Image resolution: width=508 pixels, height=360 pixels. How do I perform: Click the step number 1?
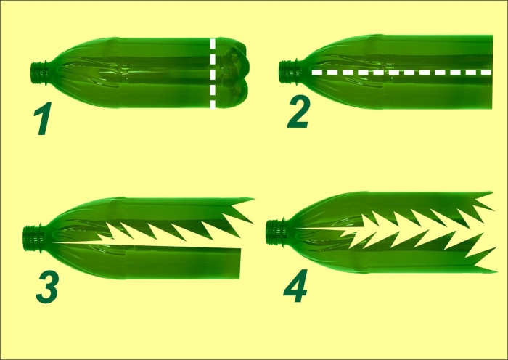coord(43,118)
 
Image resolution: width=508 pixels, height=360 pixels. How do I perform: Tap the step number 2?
coord(299,112)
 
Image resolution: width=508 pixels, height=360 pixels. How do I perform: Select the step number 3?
coord(47,287)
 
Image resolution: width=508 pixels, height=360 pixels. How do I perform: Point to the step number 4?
coord(295,286)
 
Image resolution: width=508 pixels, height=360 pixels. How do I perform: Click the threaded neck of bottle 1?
coord(40,73)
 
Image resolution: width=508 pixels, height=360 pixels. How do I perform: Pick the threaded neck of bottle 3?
coord(33,238)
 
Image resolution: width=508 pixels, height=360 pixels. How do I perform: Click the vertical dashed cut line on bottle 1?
coord(213,73)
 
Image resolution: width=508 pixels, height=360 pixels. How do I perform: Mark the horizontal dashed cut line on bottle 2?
coord(402,73)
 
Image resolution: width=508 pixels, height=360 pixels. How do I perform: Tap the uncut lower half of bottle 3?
coord(146,261)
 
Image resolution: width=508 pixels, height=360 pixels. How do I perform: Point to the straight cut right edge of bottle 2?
coord(492,72)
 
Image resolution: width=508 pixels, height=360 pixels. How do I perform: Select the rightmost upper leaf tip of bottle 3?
coord(253,199)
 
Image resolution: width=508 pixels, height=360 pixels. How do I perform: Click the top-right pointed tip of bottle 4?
coord(493,192)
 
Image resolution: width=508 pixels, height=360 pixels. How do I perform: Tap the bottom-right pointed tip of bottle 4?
coord(496,271)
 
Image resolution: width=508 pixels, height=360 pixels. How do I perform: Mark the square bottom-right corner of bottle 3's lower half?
coord(239,278)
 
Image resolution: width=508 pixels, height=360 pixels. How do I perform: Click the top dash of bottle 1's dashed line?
coord(213,42)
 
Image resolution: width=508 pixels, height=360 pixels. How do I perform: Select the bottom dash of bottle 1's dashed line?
coord(213,105)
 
